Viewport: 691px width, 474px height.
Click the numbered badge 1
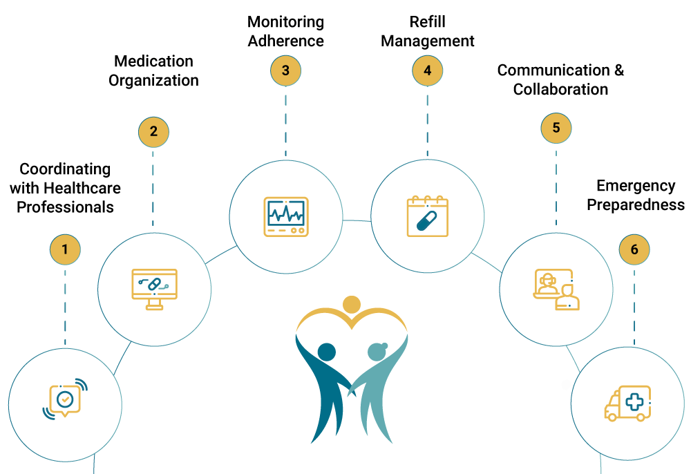(x=65, y=249)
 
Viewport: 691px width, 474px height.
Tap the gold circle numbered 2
(x=153, y=132)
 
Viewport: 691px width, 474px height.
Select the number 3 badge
(x=285, y=70)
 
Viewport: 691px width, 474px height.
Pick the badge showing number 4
(x=427, y=70)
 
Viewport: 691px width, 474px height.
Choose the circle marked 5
(x=556, y=128)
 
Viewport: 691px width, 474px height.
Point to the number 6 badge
(x=634, y=249)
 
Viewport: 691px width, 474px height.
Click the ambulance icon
(x=627, y=404)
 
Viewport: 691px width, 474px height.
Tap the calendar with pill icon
(x=427, y=217)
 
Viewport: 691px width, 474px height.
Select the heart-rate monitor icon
(x=285, y=217)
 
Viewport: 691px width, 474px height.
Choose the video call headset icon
(x=556, y=289)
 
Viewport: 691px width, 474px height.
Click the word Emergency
(x=626, y=186)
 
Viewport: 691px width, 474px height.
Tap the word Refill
(x=427, y=22)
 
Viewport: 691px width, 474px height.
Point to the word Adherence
(x=285, y=41)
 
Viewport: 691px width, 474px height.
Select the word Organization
(x=153, y=80)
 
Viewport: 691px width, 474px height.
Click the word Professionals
(x=65, y=207)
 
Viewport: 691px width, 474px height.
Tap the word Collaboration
(x=560, y=89)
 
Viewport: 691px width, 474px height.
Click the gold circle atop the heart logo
(x=352, y=304)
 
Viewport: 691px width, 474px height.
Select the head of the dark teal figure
(x=327, y=352)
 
